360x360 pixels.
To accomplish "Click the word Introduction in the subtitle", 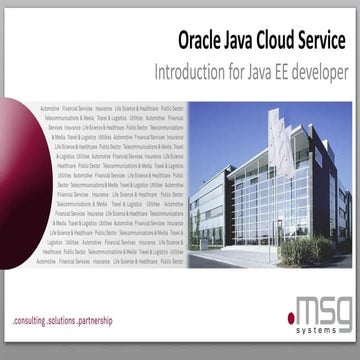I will click(x=196, y=73).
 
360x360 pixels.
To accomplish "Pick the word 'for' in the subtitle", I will click(x=245, y=73).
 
